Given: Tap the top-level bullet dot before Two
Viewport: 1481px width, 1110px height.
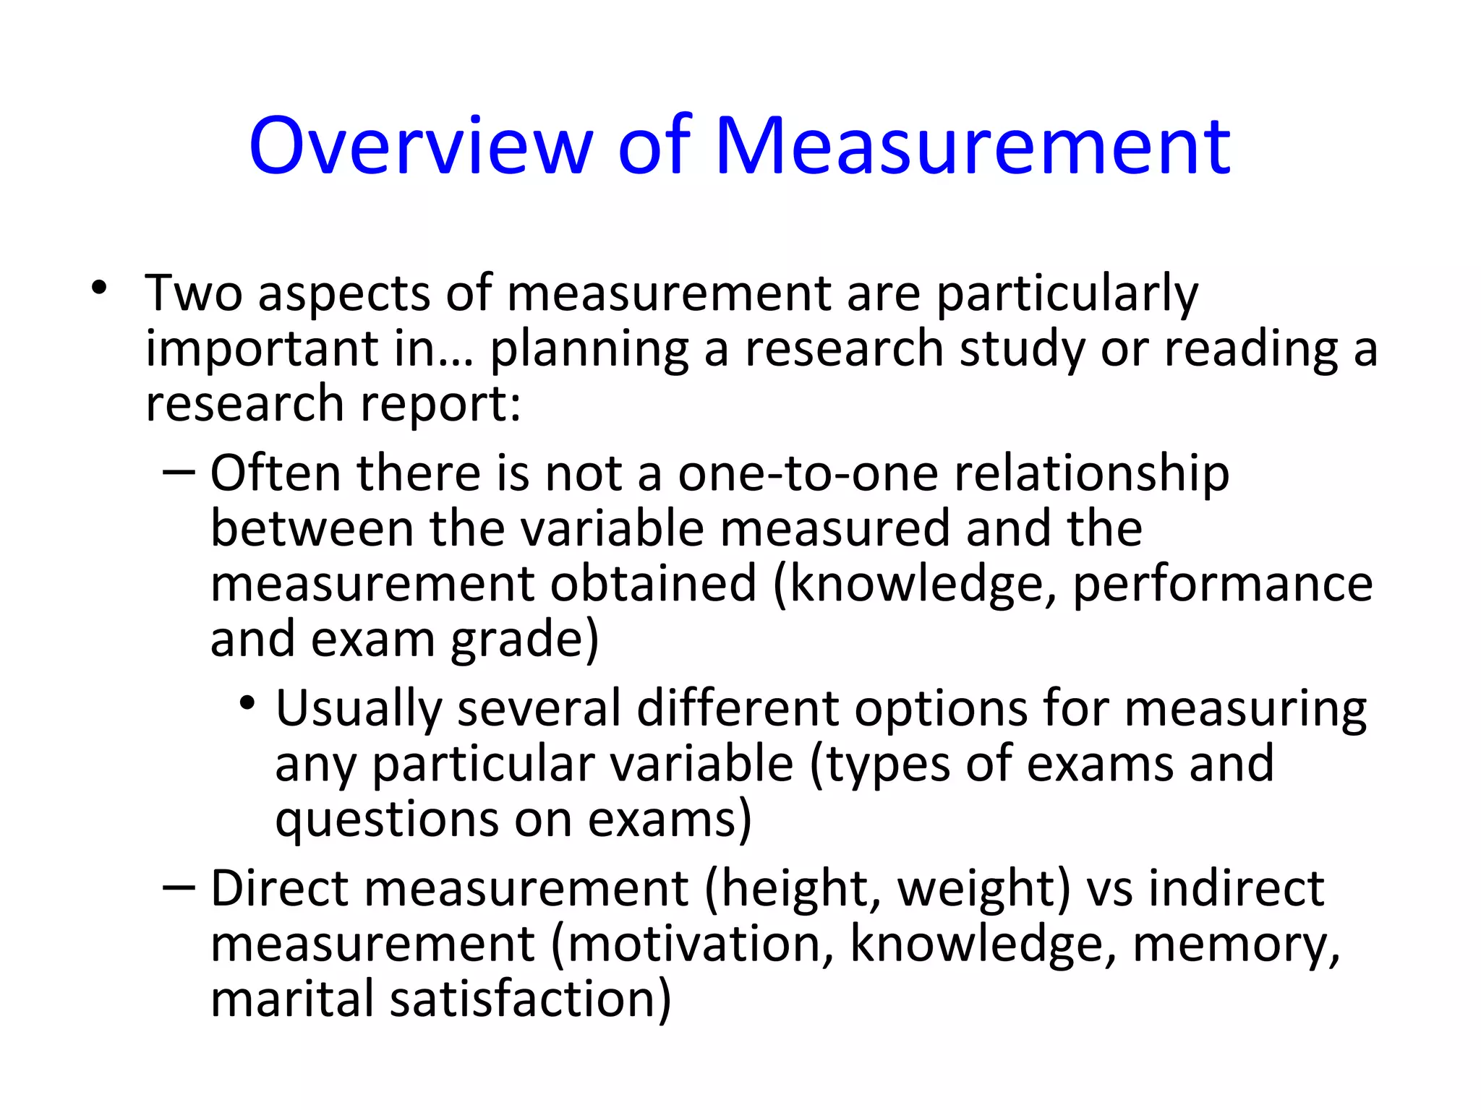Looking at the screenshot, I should [x=99, y=288].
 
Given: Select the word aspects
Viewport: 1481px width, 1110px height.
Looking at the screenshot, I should [x=344, y=294].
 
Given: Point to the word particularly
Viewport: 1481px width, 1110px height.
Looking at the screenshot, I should [x=1067, y=294].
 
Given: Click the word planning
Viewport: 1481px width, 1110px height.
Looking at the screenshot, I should [x=589, y=350].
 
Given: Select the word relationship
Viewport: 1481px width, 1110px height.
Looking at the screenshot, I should [x=1092, y=475].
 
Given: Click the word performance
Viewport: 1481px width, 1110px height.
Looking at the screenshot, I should [x=1222, y=585].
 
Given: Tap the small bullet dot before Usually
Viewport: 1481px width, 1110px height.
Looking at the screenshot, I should [x=248, y=702].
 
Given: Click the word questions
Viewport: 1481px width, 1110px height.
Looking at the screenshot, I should [x=387, y=820].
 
